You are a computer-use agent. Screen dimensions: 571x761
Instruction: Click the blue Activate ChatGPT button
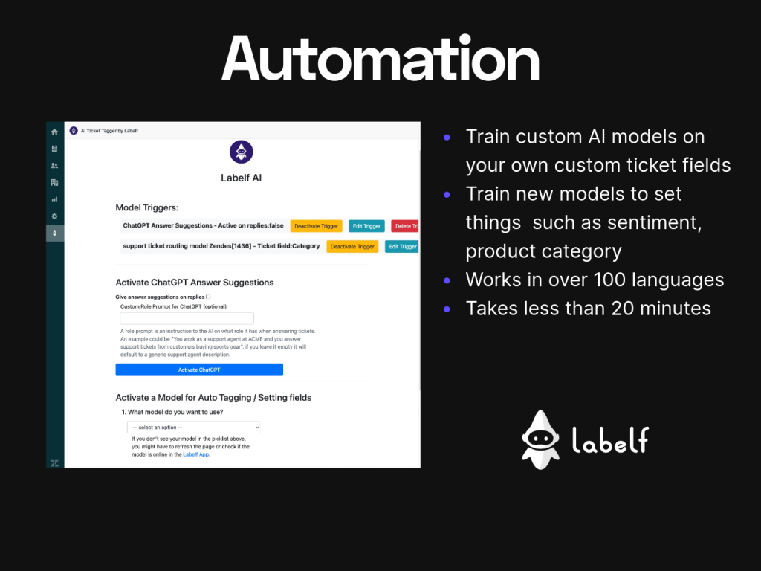click(199, 370)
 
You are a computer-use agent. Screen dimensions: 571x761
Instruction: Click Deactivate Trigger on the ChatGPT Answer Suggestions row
click(316, 226)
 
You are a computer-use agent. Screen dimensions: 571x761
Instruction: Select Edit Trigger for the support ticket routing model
click(401, 247)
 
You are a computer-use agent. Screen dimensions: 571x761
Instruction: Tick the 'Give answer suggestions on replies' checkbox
click(209, 297)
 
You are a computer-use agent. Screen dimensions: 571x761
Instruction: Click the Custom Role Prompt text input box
click(176, 318)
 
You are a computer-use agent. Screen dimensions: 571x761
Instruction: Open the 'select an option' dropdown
click(194, 428)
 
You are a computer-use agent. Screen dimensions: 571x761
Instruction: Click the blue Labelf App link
click(196, 454)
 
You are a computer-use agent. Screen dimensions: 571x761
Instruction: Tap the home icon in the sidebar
click(54, 132)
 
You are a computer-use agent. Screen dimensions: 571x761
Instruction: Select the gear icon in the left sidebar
click(54, 216)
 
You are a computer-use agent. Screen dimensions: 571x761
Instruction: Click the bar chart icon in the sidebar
click(54, 199)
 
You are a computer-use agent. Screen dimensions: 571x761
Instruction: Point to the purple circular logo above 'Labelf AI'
click(241, 152)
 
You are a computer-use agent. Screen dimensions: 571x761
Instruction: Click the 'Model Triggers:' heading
click(146, 208)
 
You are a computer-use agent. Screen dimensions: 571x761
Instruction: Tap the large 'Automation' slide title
click(380, 59)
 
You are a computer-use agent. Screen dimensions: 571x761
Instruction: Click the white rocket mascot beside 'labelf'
click(540, 440)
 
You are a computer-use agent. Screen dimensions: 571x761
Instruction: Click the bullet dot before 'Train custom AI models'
click(447, 138)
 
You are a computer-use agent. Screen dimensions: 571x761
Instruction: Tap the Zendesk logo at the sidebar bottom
click(54, 462)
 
